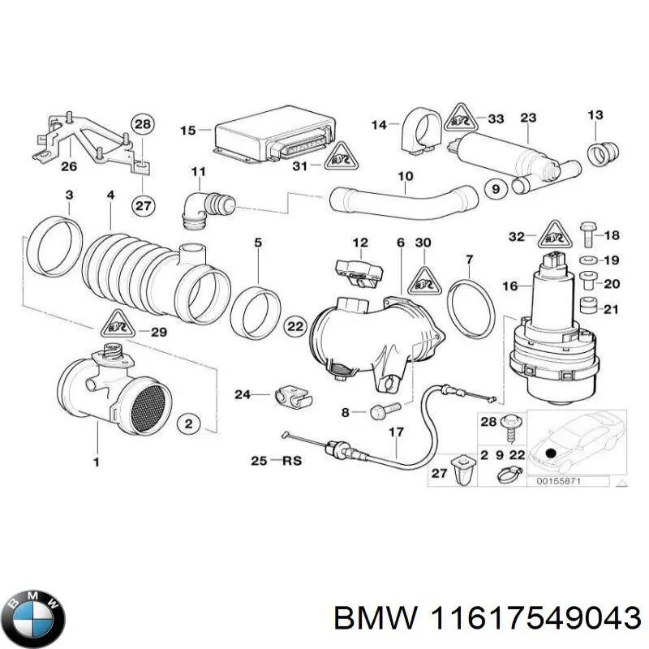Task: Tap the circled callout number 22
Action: [x=295, y=326]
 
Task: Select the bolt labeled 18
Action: [x=590, y=235]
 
